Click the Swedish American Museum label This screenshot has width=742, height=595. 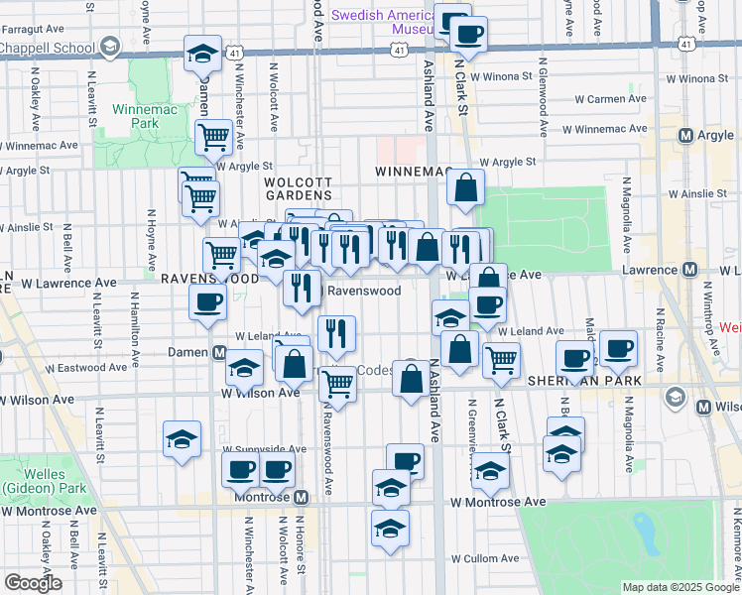382,22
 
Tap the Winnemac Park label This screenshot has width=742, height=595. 145,116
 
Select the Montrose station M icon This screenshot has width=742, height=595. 301,496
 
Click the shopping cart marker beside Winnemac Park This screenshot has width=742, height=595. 214,138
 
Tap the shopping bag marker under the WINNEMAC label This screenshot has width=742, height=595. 465,187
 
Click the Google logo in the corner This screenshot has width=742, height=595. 33,583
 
